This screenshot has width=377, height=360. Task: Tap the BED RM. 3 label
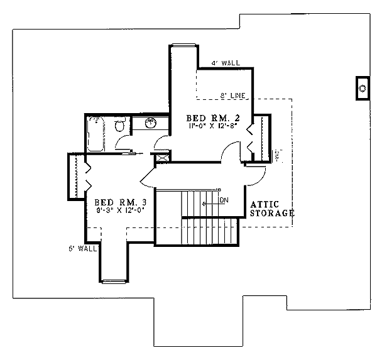pyautogui.click(x=120, y=202)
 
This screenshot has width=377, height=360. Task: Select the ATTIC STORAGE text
pyautogui.click(x=273, y=209)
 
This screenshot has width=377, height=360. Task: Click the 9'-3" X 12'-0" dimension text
pyautogui.click(x=122, y=212)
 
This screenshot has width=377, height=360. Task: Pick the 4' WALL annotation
pyautogui.click(x=226, y=63)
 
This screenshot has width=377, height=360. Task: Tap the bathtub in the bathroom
pyautogui.click(x=96, y=134)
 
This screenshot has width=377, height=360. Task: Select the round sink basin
pyautogui.click(x=150, y=123)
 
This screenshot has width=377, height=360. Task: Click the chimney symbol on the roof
pyautogui.click(x=363, y=89)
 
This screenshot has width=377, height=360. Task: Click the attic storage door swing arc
pyautogui.click(x=255, y=176)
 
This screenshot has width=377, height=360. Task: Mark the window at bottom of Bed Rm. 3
pyautogui.click(x=112, y=280)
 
